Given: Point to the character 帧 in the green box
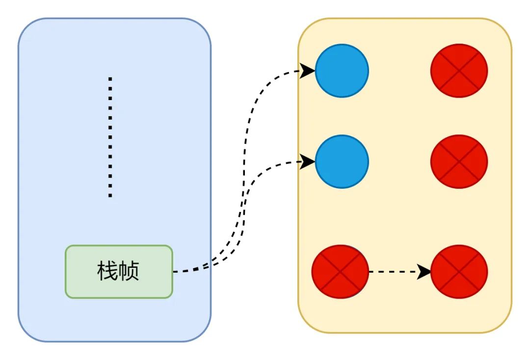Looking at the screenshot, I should tap(130, 271).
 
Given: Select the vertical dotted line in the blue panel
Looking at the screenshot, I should tap(110, 137).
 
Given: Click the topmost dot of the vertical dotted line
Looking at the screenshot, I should tap(110, 78).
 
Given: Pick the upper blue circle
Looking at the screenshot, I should tap(342, 71).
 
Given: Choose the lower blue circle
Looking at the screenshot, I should tap(342, 161).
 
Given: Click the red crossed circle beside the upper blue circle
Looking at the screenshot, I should tap(459, 71).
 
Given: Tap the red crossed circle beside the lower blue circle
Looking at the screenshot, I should tap(459, 161).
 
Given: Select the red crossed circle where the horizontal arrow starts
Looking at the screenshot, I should tap(340, 271).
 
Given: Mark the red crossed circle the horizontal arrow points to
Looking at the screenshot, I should tap(459, 271).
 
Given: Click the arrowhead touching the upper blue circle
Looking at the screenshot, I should tap(308, 71).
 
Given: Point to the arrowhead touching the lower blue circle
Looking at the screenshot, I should tap(308, 161).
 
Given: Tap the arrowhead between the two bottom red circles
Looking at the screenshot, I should tap(424, 271).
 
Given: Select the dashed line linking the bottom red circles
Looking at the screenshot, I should tap(393, 271).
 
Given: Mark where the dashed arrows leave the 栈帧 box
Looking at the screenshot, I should tap(175, 271).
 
